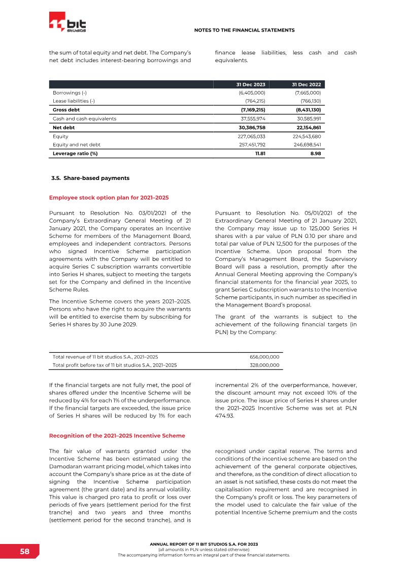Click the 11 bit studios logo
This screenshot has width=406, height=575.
click(x=67, y=24)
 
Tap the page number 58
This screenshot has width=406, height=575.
click(x=24, y=552)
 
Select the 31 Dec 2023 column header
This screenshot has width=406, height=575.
click(x=251, y=84)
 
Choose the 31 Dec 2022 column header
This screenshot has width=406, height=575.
click(x=307, y=84)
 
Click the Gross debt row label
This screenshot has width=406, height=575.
click(x=66, y=110)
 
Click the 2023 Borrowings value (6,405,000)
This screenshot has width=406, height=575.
click(x=252, y=93)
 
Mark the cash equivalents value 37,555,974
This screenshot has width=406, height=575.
click(x=253, y=118)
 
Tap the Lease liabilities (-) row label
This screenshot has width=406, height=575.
click(x=74, y=101)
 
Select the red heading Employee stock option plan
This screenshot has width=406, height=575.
click(x=109, y=197)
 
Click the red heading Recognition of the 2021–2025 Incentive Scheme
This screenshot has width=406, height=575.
click(x=117, y=436)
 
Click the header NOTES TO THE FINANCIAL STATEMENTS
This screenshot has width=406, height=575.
click(x=244, y=31)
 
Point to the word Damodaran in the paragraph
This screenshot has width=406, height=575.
click(x=69, y=466)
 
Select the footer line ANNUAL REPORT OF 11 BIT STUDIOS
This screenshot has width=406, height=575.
click(x=204, y=544)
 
